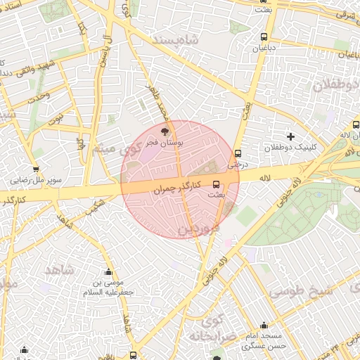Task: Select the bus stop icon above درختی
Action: click(x=238, y=153)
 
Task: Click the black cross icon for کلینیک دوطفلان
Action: click(x=290, y=136)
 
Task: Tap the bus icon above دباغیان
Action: click(x=264, y=37)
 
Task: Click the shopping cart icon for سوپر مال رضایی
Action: click(x=36, y=169)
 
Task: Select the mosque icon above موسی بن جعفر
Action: click(x=108, y=272)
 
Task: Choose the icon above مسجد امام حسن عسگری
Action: click(x=264, y=325)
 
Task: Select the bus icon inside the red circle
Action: click(x=215, y=184)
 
